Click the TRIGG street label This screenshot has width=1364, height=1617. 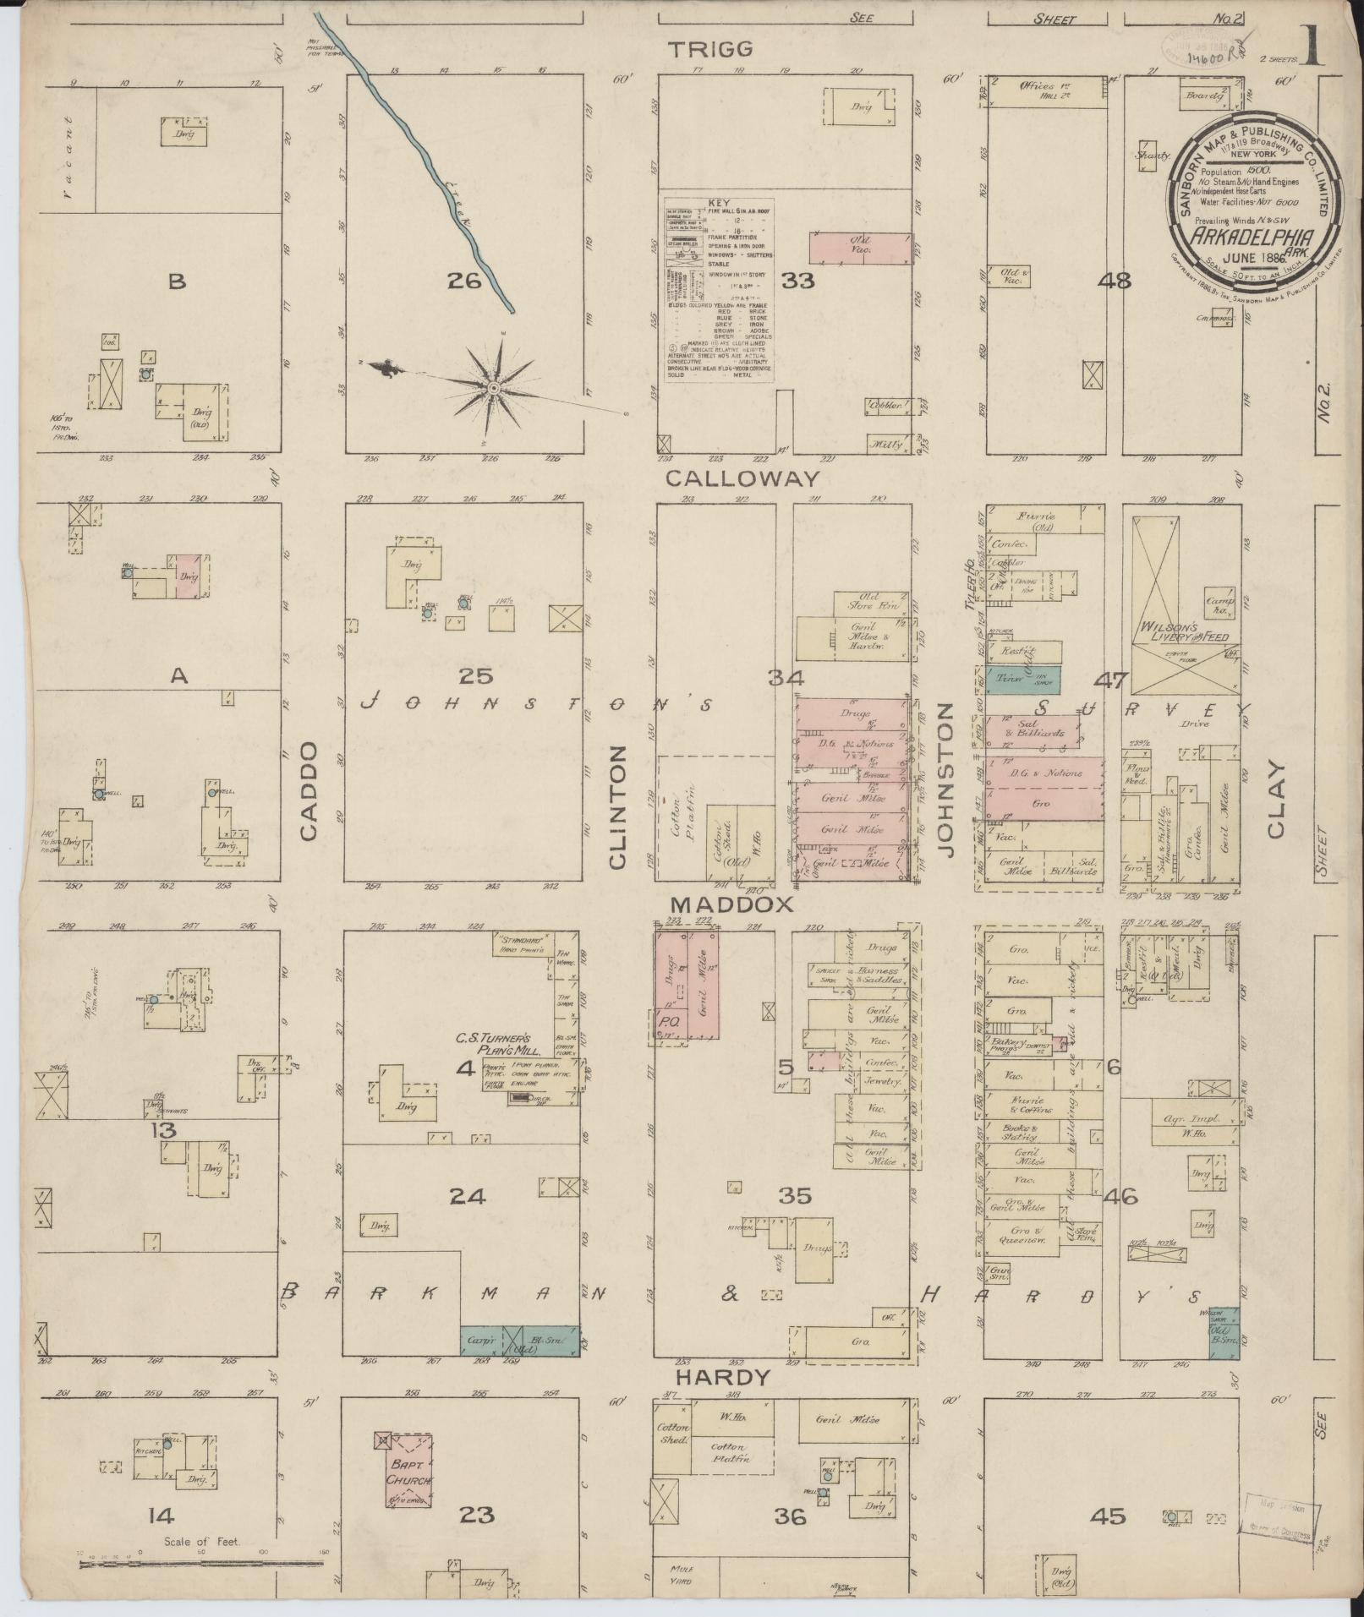tap(711, 49)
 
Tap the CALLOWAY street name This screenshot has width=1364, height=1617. tap(742, 478)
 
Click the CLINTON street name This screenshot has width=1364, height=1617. tap(617, 806)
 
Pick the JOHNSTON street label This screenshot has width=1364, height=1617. tap(946, 779)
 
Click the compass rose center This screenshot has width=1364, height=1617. tap(493, 388)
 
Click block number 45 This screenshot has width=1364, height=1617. tap(1107, 1516)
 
